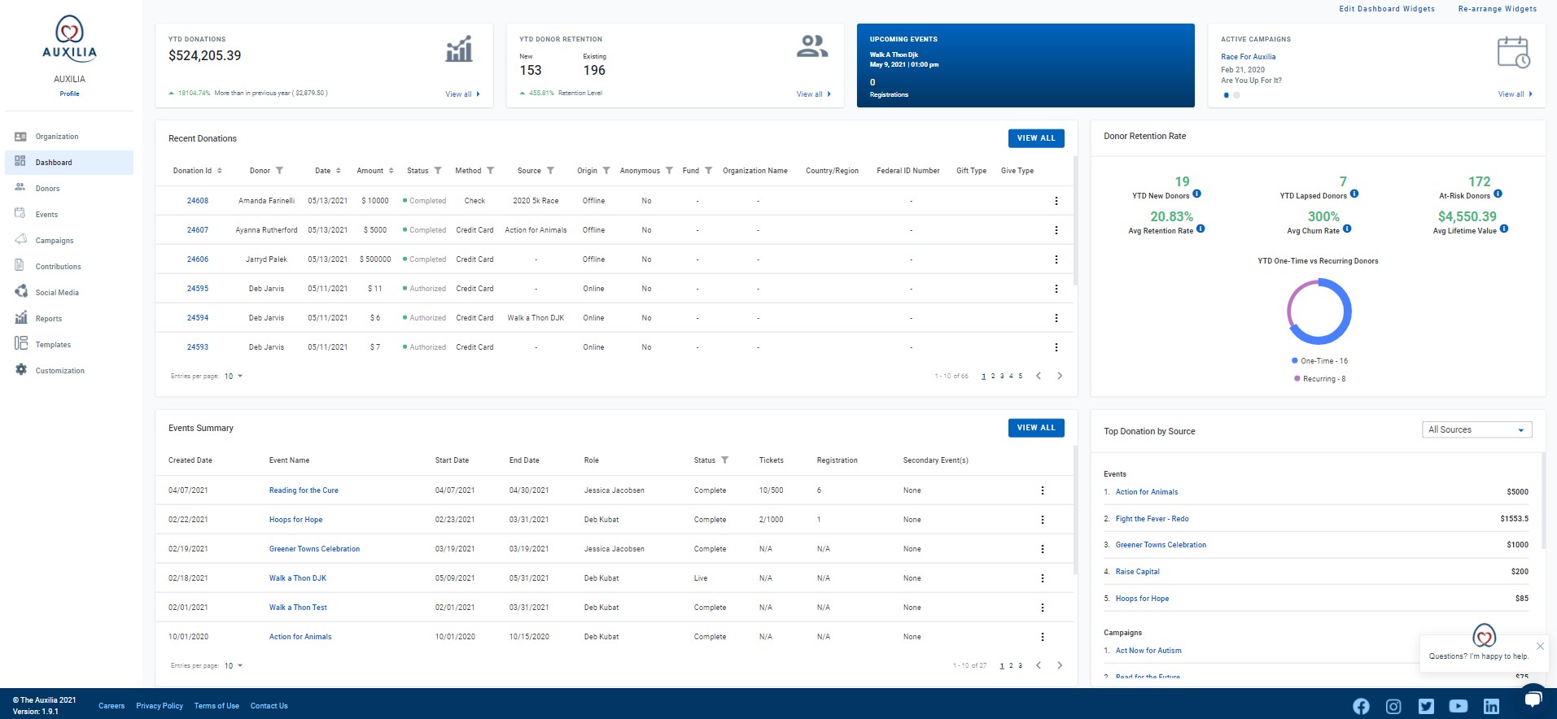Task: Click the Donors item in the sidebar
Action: (x=47, y=189)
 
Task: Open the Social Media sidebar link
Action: (x=56, y=293)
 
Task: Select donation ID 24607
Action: (x=198, y=230)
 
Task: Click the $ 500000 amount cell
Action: (x=375, y=259)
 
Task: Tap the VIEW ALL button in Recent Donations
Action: (x=1035, y=138)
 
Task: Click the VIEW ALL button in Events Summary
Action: (x=1035, y=428)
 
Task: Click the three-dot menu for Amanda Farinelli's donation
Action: (x=1056, y=201)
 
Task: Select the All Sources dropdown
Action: (x=1476, y=429)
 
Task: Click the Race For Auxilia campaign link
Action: (x=1248, y=57)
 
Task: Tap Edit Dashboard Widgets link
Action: (x=1387, y=9)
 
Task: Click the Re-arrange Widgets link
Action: (x=1497, y=9)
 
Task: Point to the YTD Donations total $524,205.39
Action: (x=204, y=56)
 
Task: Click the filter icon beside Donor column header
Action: (x=280, y=171)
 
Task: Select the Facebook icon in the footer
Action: (x=1361, y=706)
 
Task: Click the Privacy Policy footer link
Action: (x=160, y=706)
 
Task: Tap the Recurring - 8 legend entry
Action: (x=1323, y=379)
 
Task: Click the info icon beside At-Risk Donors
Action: (x=1498, y=194)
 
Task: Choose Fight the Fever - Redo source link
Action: (x=1152, y=519)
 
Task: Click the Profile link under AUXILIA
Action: (x=69, y=94)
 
